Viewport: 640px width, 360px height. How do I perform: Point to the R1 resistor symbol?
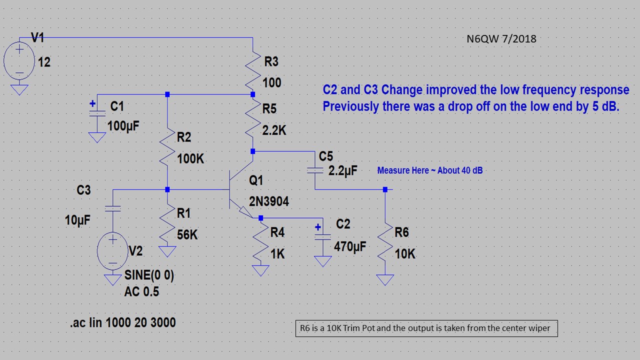point(167,223)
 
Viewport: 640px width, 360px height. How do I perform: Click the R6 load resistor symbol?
point(385,243)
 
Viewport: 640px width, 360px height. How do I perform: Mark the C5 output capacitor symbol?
point(315,170)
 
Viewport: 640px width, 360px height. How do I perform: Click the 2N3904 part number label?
point(269,201)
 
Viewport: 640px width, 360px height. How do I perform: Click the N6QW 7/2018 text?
point(500,38)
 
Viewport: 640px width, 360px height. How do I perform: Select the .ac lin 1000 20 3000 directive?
point(123,322)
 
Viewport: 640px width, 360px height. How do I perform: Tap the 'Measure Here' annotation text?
point(429,170)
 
